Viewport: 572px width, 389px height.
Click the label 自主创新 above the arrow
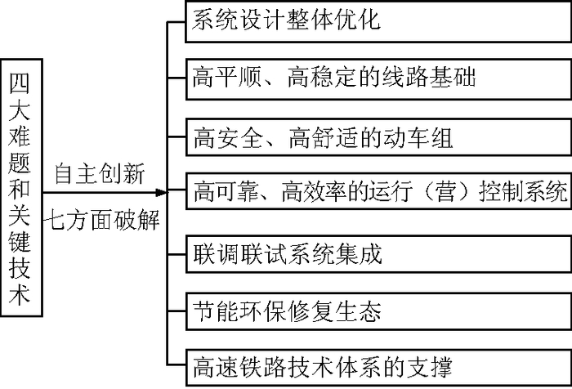tap(100, 173)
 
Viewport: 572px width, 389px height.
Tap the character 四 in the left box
tap(22, 82)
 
